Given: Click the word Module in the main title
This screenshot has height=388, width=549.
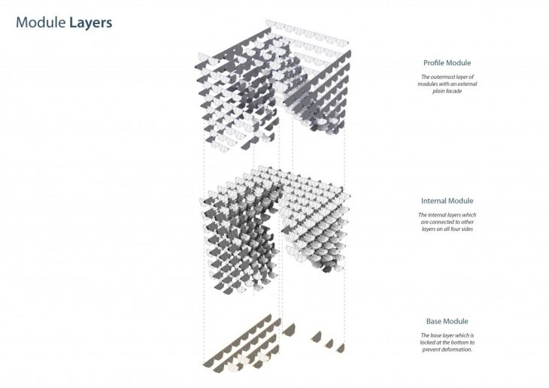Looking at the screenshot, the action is (41, 23).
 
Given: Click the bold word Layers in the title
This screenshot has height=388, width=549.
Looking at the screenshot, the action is (91, 23).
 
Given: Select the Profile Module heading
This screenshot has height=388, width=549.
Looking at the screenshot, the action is (447, 63).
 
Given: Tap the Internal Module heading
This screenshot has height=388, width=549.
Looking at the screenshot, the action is (447, 201).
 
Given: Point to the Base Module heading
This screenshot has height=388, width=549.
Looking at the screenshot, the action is (447, 322).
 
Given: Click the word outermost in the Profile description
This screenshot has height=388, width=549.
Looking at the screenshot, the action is (443, 77).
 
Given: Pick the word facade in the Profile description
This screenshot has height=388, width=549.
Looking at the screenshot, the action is (454, 91).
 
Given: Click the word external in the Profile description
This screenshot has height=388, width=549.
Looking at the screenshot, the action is (467, 84).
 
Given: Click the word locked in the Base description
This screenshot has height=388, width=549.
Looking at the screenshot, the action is (429, 342).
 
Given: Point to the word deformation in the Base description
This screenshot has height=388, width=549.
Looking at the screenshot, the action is (456, 350).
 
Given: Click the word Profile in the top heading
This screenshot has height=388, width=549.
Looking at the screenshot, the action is (435, 63).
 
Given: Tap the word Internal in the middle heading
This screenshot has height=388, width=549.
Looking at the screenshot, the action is (433, 201).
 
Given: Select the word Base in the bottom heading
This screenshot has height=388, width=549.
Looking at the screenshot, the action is (433, 322).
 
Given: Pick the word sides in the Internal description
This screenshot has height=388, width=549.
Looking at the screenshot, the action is (467, 229).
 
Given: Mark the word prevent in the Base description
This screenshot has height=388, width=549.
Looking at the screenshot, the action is (430, 350).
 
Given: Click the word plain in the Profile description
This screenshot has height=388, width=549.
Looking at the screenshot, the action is (438, 92).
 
